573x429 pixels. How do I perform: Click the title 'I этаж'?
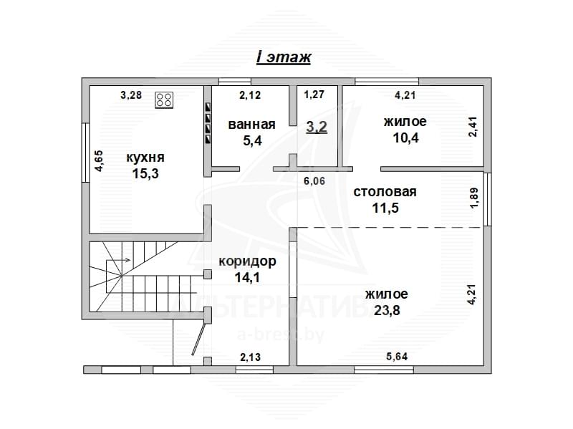pos(284,58)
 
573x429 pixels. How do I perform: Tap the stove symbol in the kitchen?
pos(164,100)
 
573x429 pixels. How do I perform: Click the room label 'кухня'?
pos(145,158)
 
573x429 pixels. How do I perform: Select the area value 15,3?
pos(145,173)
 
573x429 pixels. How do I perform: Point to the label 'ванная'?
pos(252,125)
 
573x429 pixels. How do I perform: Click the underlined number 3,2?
pos(317,127)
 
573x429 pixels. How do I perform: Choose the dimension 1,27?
pos(314,95)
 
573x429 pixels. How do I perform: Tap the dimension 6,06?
pos(314,181)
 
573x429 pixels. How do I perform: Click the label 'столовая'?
pos(385,192)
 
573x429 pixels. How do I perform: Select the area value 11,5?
pos(385,208)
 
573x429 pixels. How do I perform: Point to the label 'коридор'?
pos(247,261)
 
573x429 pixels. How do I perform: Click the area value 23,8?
pos(387,310)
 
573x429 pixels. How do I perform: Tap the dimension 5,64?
pos(397,356)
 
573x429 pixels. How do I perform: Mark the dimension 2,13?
pos(250,357)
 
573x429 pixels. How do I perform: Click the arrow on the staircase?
pos(118,260)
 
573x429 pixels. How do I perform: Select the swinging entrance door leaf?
pos(198,339)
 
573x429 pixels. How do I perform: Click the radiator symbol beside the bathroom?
pos(208,123)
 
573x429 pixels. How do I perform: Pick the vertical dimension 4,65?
pos(100,161)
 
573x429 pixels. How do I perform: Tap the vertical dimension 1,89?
pos(474,198)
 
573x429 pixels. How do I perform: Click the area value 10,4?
pos(405,138)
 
